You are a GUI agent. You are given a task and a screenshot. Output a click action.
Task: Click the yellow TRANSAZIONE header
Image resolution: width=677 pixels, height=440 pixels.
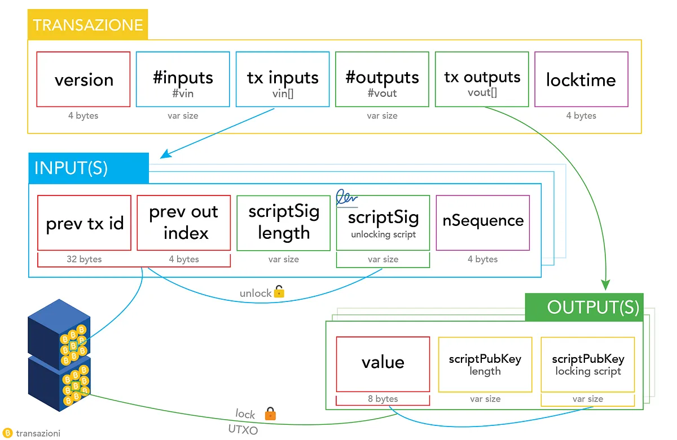(x=87, y=24)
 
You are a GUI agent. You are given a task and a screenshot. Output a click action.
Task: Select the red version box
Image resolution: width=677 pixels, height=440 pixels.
(x=83, y=79)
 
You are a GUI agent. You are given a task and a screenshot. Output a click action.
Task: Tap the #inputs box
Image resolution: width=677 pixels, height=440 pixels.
(x=183, y=79)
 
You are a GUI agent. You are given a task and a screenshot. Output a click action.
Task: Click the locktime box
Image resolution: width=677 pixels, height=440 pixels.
(x=581, y=79)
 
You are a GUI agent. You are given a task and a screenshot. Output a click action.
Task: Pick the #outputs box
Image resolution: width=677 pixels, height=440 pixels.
(x=382, y=79)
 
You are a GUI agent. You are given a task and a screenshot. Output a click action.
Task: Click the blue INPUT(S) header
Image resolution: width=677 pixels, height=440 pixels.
(x=89, y=168)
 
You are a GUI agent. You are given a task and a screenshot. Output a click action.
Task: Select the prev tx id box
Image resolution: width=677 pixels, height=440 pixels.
(x=84, y=223)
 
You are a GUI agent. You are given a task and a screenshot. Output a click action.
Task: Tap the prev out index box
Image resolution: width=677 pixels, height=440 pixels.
(x=184, y=223)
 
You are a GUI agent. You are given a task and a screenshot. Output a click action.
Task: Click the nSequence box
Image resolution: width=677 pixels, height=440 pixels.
(x=483, y=223)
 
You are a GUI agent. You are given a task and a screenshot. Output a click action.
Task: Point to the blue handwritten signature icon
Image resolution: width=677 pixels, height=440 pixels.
(x=346, y=198)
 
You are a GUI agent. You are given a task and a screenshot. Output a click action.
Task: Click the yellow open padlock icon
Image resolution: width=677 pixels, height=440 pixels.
(x=279, y=291)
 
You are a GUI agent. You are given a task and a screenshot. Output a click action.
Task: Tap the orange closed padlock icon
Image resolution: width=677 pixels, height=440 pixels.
(x=270, y=414)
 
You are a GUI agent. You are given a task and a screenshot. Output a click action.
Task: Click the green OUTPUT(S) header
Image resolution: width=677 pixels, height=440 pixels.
(x=584, y=307)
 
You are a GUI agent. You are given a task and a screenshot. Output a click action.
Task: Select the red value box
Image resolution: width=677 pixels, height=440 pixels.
(x=383, y=365)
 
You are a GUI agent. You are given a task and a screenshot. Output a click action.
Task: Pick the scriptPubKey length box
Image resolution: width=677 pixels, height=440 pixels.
(x=485, y=365)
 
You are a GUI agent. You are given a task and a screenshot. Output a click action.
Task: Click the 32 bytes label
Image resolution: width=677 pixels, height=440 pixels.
(x=84, y=259)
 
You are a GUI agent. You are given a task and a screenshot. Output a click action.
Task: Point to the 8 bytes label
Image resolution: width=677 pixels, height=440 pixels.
(x=383, y=399)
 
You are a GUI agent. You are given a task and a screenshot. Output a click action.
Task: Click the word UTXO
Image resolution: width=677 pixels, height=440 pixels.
(x=243, y=429)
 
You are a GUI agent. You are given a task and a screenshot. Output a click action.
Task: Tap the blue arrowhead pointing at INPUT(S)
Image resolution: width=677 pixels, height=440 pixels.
(x=165, y=154)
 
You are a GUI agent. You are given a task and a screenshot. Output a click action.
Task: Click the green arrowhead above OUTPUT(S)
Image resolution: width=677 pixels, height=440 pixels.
(x=605, y=285)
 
